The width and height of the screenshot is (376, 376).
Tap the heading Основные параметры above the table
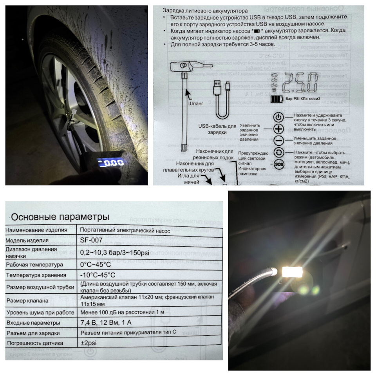(60, 217)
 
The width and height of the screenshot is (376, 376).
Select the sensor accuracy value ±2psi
(90, 343)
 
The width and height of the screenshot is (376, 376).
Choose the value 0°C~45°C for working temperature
(96, 264)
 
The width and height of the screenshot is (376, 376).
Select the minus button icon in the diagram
(278, 141)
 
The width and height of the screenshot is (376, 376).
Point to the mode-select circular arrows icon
(278, 152)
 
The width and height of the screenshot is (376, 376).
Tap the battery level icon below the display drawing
(277, 99)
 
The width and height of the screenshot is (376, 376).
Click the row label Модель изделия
(27, 240)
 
